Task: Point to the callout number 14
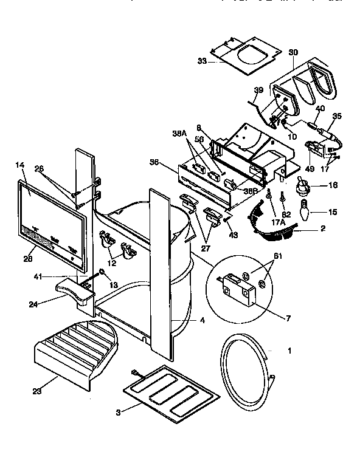(19, 164)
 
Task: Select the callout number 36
(154, 162)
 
